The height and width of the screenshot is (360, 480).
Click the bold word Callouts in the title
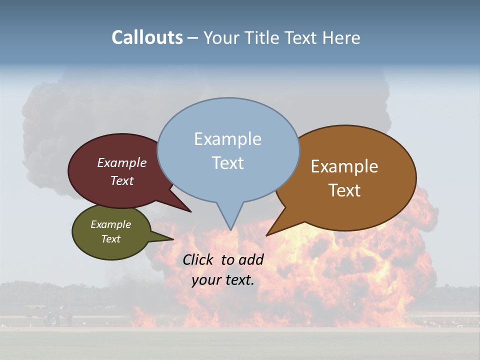(x=147, y=37)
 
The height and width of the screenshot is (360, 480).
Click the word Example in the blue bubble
(x=227, y=139)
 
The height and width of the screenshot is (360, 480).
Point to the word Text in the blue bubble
(x=227, y=162)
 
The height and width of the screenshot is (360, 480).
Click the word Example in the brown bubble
(x=344, y=166)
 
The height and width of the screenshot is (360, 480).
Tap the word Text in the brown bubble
(x=344, y=190)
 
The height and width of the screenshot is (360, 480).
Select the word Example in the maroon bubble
(x=122, y=162)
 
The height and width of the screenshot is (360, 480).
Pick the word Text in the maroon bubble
(x=122, y=180)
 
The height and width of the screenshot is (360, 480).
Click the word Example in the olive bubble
(x=110, y=224)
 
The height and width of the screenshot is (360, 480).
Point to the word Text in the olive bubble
(x=110, y=239)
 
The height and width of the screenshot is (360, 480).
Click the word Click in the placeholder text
(x=198, y=259)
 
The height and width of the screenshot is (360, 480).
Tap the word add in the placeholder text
(x=251, y=259)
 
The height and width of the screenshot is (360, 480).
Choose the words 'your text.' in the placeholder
(x=223, y=280)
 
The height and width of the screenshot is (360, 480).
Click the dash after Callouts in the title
(x=193, y=38)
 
